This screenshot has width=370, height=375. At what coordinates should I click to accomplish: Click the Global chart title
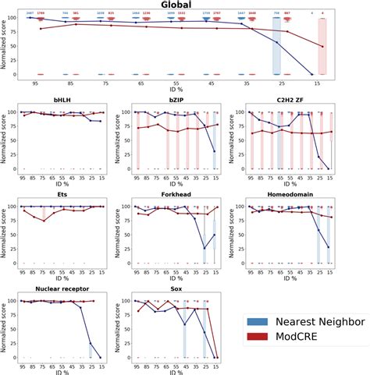click(x=184, y=5)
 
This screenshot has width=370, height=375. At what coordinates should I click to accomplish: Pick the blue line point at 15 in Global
click(x=312, y=74)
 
